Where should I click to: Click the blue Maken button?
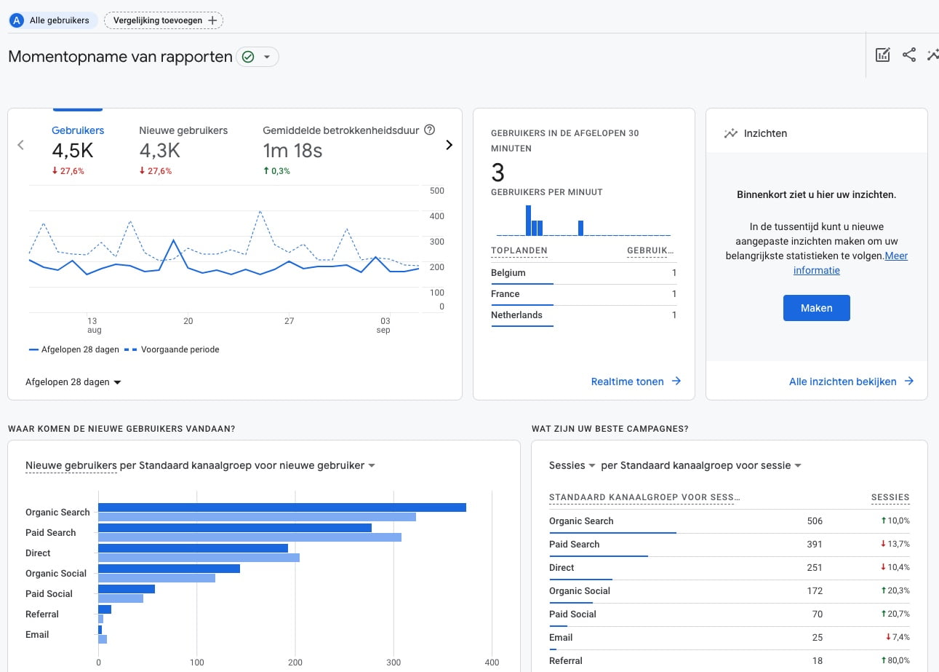[x=816, y=308]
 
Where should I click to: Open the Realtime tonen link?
[x=636, y=381]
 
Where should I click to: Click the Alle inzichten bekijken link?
[x=851, y=381]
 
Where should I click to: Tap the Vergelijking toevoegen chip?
[x=164, y=20]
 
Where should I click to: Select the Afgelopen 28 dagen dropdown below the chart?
[x=73, y=382]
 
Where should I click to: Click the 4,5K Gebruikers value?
[x=73, y=150]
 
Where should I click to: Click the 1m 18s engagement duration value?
[x=292, y=150]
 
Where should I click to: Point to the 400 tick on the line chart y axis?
[x=437, y=216]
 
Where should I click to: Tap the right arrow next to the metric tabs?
[x=449, y=145]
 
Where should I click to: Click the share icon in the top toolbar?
[x=909, y=55]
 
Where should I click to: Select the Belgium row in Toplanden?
[x=583, y=273]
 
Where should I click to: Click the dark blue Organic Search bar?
[x=282, y=507]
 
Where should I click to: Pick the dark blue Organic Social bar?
[x=169, y=569]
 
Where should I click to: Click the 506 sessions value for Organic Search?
[x=815, y=521]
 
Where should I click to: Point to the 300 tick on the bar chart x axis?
[x=393, y=663]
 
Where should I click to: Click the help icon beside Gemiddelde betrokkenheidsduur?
[x=429, y=130]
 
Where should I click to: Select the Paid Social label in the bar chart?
[x=49, y=593]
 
